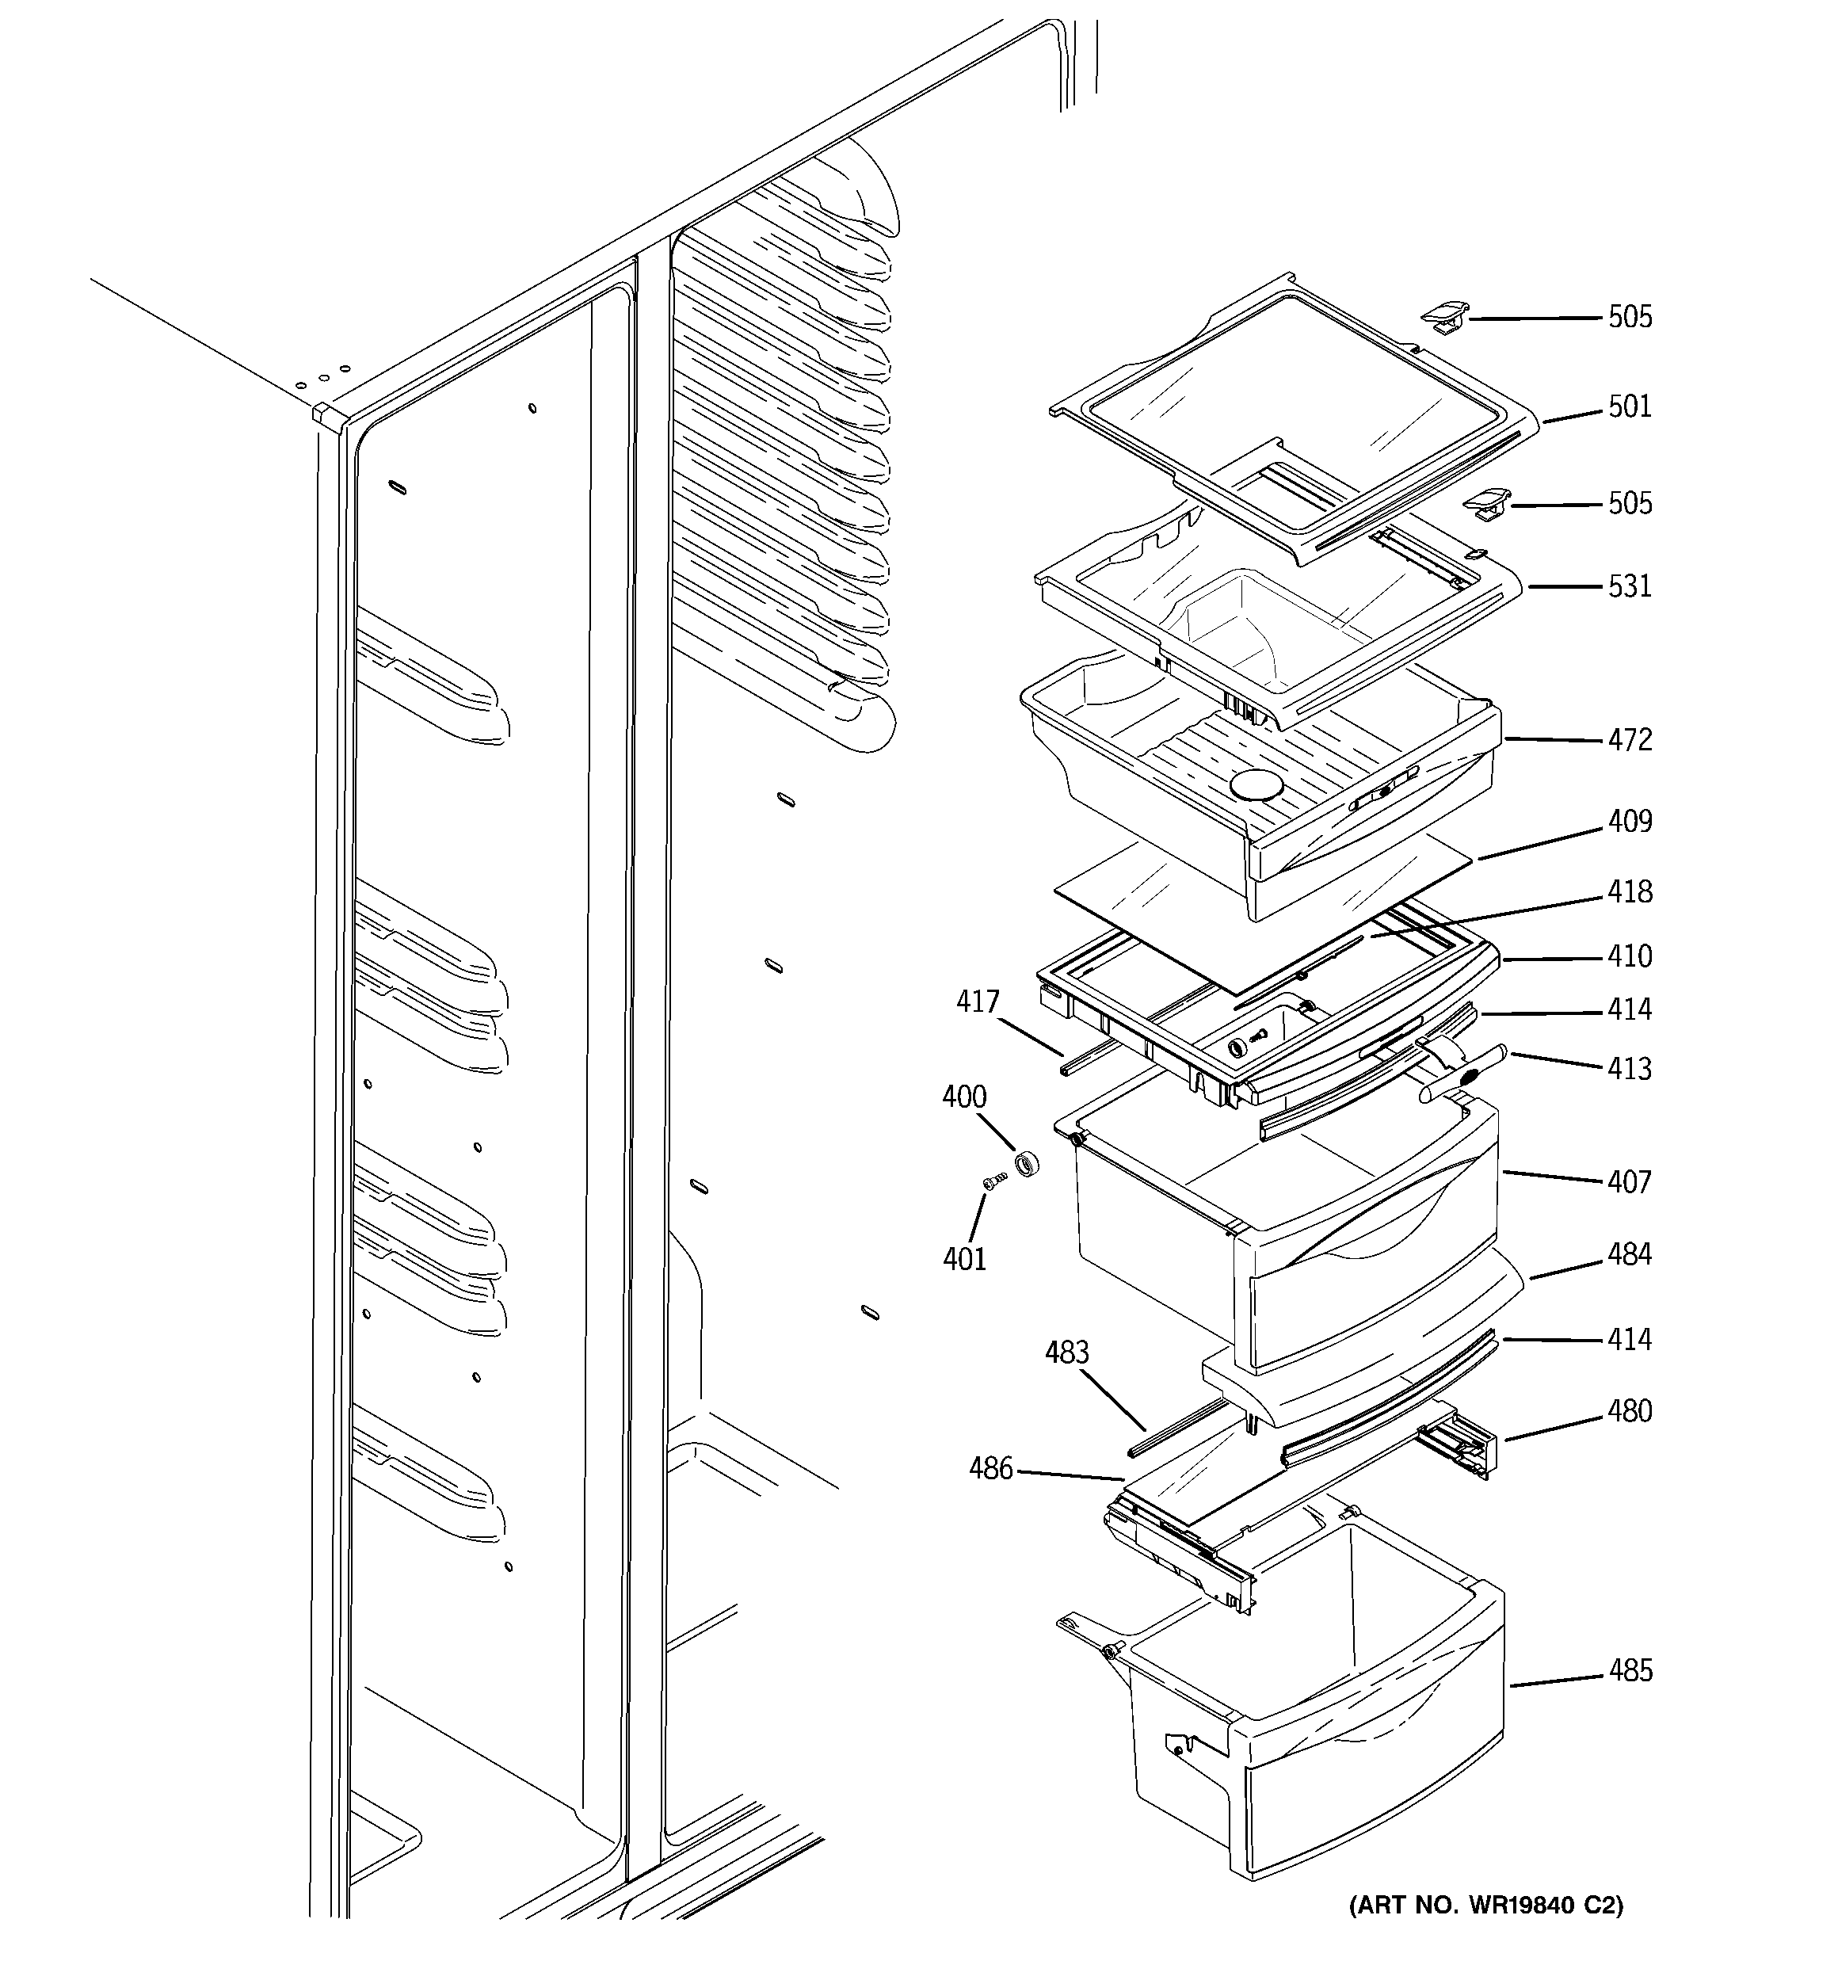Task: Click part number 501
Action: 1629,406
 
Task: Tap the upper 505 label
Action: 1629,317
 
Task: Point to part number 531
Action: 1629,586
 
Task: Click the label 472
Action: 1629,740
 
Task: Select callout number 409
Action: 1629,822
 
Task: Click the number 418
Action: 1629,891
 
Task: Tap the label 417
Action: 978,1002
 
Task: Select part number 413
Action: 1629,1070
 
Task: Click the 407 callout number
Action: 1629,1181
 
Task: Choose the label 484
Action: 1629,1255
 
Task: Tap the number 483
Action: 1066,1352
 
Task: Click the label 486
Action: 990,1469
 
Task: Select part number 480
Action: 1629,1412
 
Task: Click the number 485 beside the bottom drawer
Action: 1629,1671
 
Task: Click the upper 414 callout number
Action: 1629,1009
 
